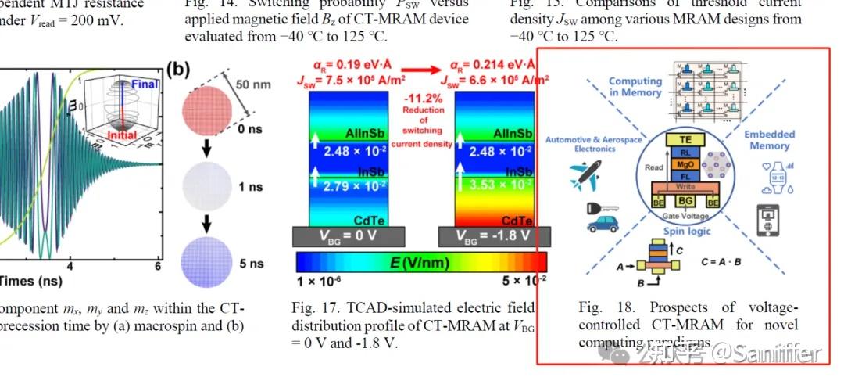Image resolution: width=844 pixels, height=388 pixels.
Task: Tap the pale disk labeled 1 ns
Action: (207, 186)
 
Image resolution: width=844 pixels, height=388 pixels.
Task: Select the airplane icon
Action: (585, 174)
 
